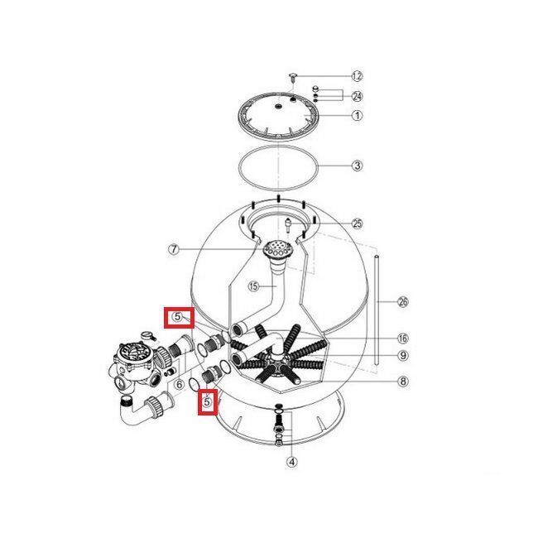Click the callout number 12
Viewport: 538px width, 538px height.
[357, 76]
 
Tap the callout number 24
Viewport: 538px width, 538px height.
[357, 96]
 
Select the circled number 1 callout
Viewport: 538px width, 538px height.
[357, 115]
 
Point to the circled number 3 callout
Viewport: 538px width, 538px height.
[357, 166]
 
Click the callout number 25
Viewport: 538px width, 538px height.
[357, 223]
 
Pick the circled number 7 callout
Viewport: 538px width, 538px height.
[174, 249]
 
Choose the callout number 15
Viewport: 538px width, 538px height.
[253, 286]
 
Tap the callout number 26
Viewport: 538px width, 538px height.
[403, 302]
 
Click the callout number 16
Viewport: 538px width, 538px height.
[403, 339]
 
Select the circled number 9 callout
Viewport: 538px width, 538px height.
[403, 355]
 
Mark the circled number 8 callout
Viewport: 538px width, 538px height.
[403, 381]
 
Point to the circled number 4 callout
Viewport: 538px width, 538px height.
[291, 462]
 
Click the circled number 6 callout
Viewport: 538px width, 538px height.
[179, 385]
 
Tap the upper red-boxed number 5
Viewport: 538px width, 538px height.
[177, 317]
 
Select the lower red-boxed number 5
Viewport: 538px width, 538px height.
[207, 401]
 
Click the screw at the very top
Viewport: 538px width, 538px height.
[293, 77]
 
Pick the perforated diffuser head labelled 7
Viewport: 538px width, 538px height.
[277, 248]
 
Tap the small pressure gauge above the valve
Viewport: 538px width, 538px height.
[147, 335]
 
